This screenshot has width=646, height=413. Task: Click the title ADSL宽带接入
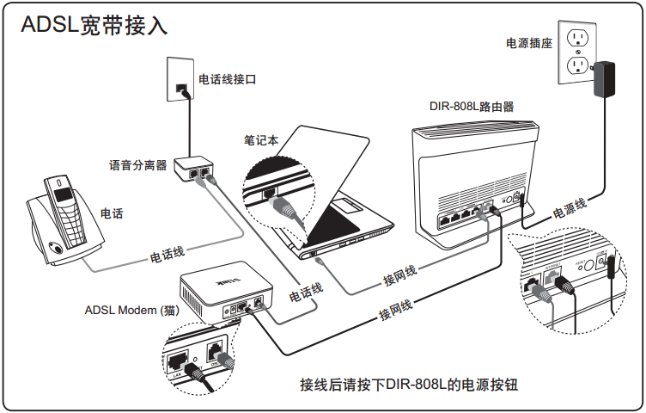95,25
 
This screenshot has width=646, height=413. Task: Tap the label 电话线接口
228,79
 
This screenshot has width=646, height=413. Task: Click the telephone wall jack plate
181,78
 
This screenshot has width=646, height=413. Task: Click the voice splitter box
196,169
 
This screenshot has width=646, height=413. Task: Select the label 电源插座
529,42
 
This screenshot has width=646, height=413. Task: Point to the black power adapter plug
607,77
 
